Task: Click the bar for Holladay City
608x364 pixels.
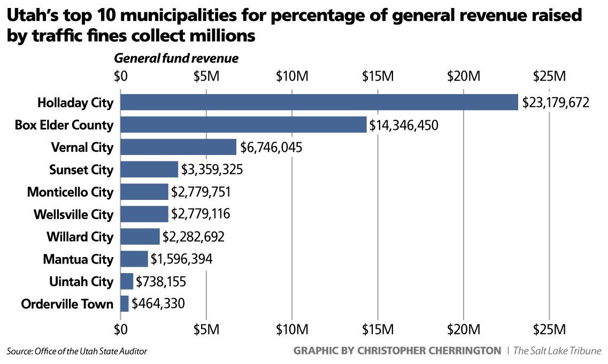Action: coord(319,102)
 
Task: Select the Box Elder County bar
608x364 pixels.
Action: coord(243,125)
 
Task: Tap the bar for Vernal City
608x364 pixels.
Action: coord(178,147)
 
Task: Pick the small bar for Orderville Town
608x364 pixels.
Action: coord(125,304)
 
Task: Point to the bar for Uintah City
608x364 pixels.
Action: coord(127,281)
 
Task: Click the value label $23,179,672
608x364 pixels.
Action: coord(556,102)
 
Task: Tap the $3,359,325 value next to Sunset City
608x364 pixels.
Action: coord(212,170)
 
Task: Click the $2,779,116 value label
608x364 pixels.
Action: coord(200,214)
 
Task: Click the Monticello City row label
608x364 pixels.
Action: coord(70,192)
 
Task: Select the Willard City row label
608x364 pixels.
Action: coord(80,237)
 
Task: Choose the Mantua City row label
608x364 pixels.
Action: coord(78,259)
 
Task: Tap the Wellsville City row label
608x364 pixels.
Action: coord(73,214)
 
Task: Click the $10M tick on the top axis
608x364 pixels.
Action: coord(292,76)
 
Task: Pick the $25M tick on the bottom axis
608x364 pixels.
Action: coord(549,328)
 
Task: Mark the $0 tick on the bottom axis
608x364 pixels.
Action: coord(121,328)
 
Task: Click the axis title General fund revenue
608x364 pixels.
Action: coord(176,58)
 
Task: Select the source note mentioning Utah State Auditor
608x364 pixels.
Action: coord(76,351)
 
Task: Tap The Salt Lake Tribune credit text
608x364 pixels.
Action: coord(557,351)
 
